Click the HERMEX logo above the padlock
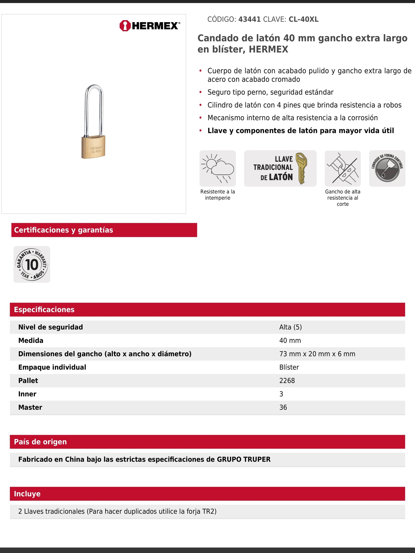(x=149, y=26)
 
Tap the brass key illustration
(x=301, y=168)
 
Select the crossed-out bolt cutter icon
(x=342, y=168)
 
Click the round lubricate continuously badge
(x=387, y=168)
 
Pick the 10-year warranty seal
(x=32, y=264)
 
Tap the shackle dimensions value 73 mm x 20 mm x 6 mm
(x=317, y=354)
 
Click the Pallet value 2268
(x=287, y=381)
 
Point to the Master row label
(x=30, y=407)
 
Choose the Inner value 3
(x=281, y=394)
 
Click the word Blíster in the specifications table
(x=289, y=367)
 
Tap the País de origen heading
(x=40, y=442)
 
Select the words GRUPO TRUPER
(x=243, y=459)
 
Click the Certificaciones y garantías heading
(x=64, y=230)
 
